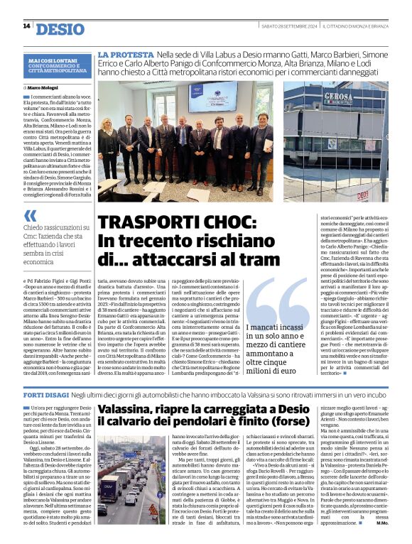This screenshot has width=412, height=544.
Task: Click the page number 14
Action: pos(26,27)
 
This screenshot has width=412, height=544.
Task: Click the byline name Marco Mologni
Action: pos(45,87)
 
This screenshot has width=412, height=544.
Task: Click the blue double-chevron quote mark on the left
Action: pos(30,216)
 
